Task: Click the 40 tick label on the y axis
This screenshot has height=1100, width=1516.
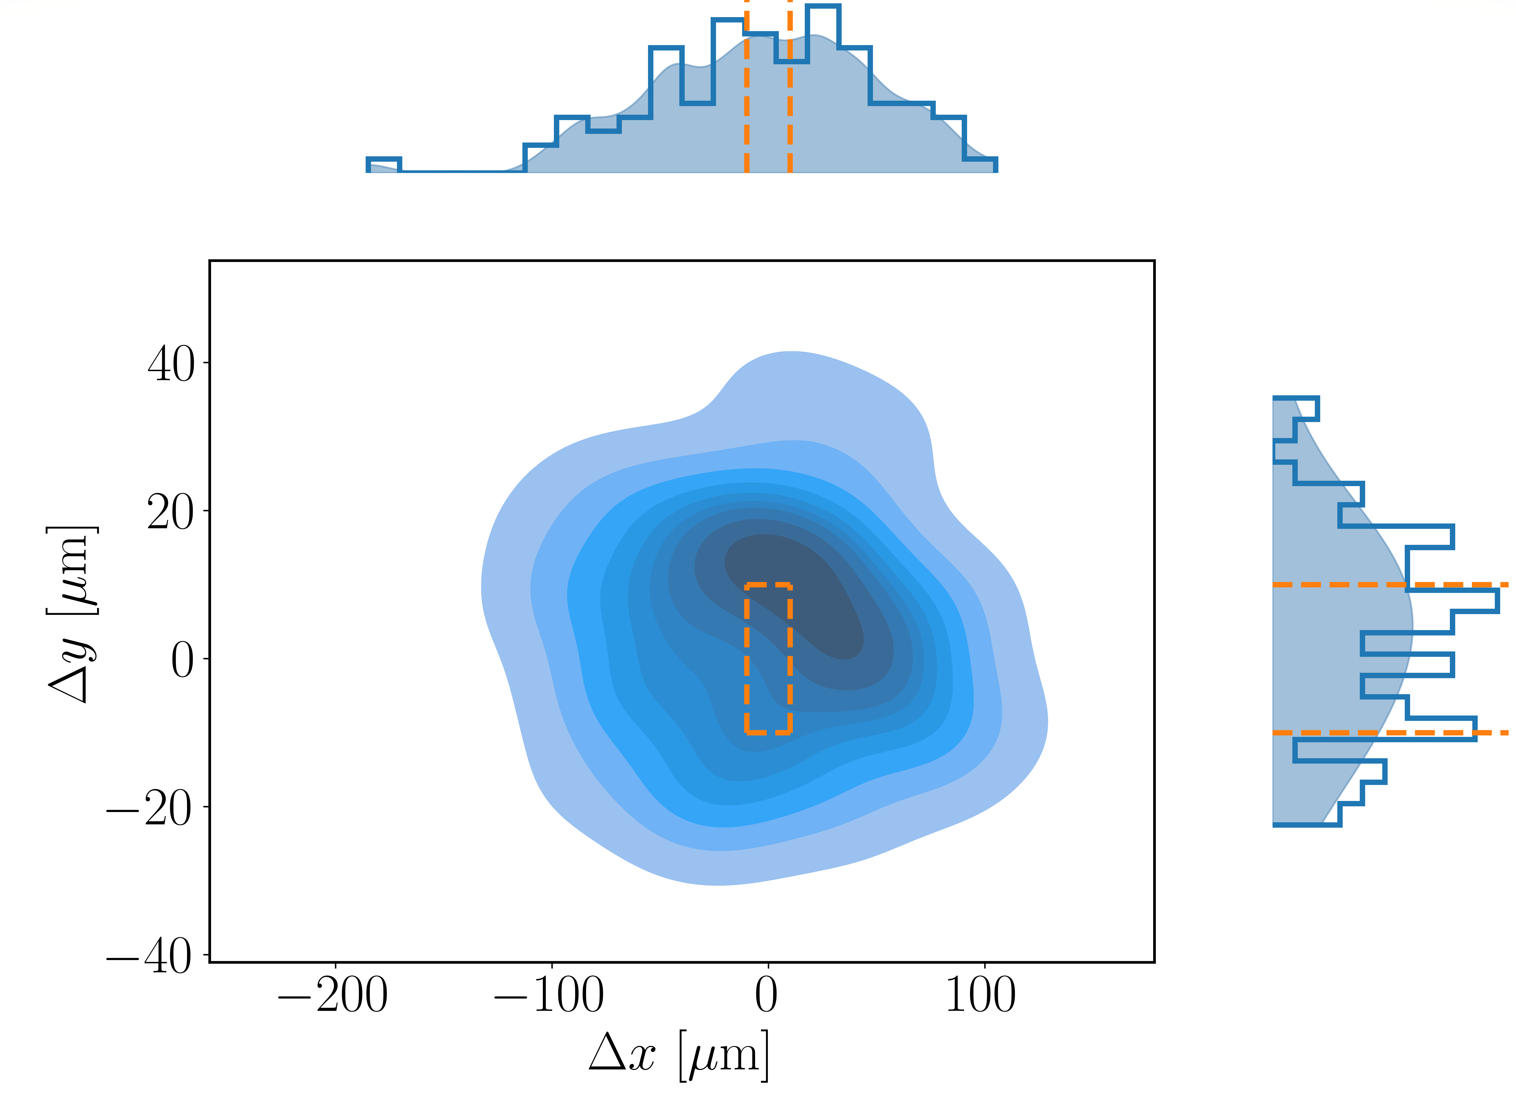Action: (171, 366)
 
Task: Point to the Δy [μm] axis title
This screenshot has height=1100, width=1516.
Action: (72, 614)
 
